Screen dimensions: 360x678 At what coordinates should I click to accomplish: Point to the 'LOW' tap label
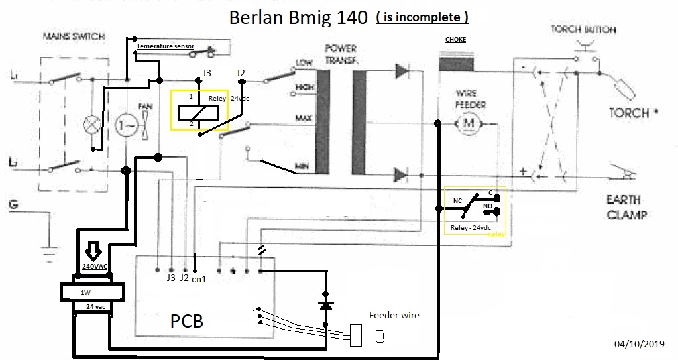(x=304, y=63)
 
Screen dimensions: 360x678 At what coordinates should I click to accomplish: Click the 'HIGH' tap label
(x=305, y=88)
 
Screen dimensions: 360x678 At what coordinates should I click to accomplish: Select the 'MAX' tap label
(x=304, y=117)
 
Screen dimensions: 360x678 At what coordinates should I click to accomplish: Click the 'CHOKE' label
(x=455, y=40)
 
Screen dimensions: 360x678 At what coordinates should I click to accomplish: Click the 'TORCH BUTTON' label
(x=583, y=30)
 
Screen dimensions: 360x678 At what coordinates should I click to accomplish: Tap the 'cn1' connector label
(x=198, y=280)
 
